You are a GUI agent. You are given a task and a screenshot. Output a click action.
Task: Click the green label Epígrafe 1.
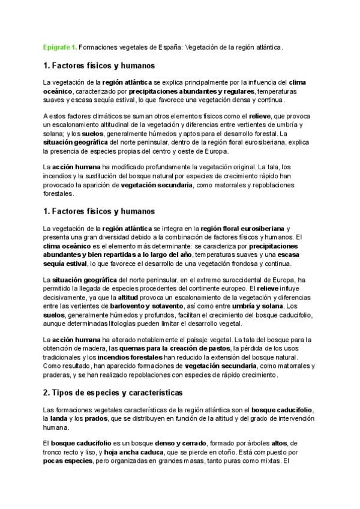59,46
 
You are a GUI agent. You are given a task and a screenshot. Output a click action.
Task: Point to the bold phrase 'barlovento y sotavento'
150,306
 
